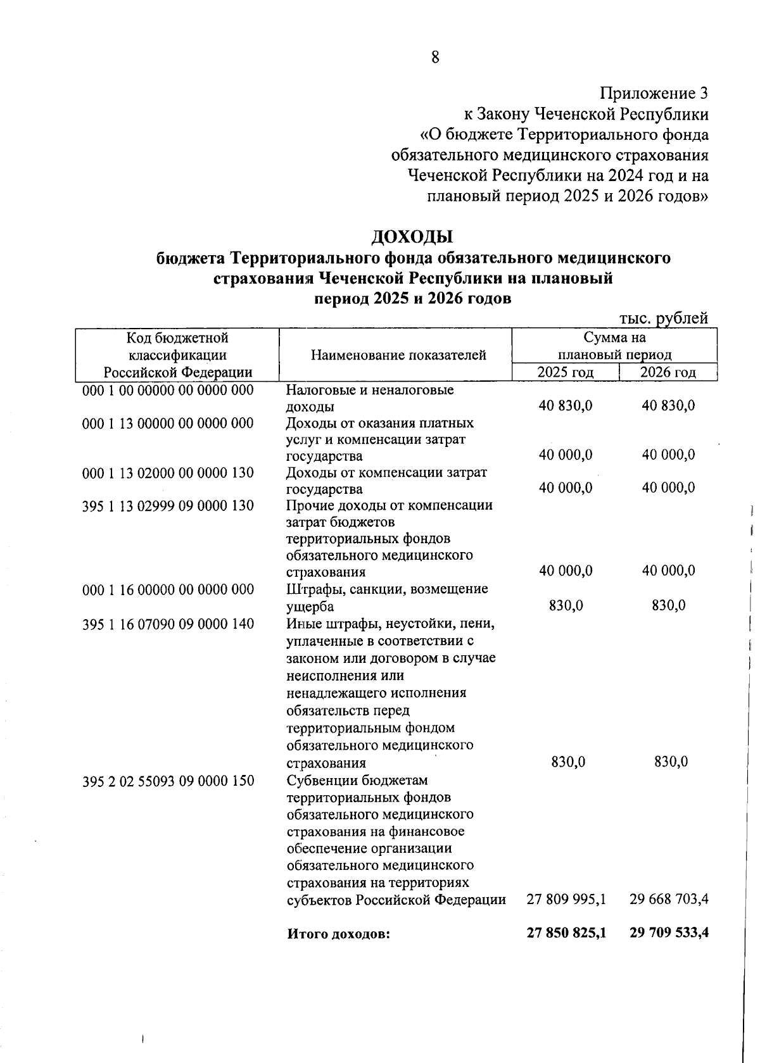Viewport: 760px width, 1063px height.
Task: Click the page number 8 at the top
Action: point(435,57)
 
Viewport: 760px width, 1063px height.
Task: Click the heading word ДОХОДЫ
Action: point(412,237)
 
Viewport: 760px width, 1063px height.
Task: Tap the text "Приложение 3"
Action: point(654,94)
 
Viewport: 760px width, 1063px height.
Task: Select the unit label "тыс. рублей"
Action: point(662,318)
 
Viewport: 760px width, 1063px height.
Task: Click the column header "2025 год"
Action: point(565,372)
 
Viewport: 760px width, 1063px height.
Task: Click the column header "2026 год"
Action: point(668,372)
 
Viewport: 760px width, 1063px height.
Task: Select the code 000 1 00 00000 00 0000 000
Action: point(168,390)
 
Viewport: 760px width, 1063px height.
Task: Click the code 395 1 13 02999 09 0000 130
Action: point(168,505)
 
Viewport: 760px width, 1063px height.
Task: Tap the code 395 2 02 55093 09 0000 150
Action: point(168,781)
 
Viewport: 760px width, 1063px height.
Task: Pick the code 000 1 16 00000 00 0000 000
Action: point(168,589)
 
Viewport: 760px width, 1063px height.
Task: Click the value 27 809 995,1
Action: point(566,899)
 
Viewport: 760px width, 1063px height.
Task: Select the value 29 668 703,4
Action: point(669,899)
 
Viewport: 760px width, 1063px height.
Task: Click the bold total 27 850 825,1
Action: point(566,933)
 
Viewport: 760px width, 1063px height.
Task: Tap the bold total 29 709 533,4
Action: point(669,933)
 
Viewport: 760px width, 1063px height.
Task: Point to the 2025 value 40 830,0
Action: point(566,406)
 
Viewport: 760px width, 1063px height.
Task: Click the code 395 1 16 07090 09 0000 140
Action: point(168,624)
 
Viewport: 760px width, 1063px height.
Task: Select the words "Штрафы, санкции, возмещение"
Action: point(387,589)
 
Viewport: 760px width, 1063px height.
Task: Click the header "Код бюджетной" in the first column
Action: point(177,338)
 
